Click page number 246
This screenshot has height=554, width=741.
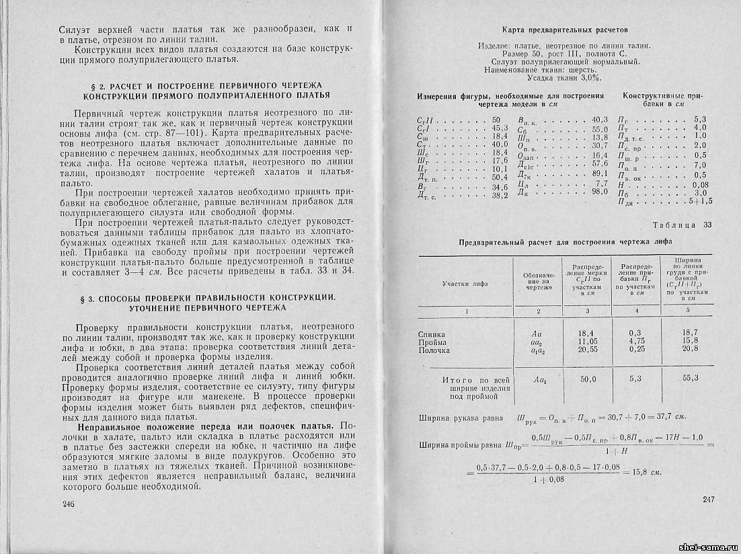tap(68, 504)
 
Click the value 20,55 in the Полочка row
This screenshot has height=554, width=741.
tap(587, 350)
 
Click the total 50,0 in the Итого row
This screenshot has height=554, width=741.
tap(587, 380)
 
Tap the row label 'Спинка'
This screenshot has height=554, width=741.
tap(431, 334)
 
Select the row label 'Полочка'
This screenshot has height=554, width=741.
tap(434, 350)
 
